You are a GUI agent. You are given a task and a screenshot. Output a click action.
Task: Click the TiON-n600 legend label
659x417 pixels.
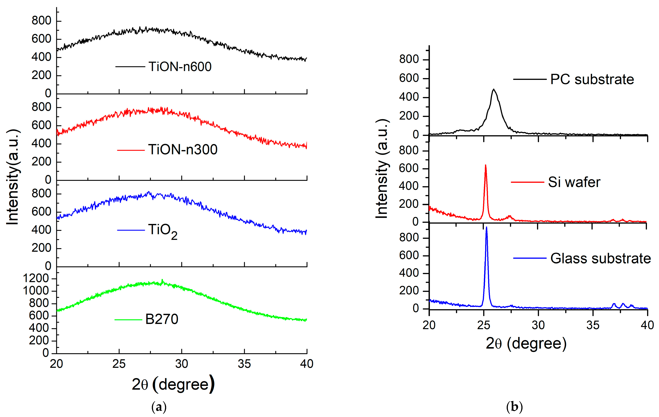coord(180,67)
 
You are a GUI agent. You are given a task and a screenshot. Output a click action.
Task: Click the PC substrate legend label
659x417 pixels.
coord(592,80)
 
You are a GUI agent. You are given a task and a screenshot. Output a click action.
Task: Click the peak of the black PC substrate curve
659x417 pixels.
coord(493,89)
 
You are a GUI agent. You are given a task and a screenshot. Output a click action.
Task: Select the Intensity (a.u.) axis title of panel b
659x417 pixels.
coord(382,169)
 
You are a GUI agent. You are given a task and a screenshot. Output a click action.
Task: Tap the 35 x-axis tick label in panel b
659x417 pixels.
coord(593,325)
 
